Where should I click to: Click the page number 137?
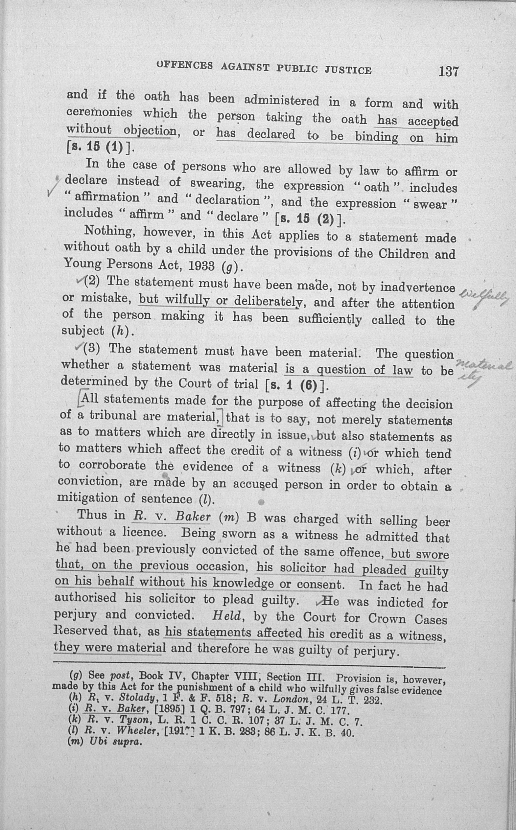coord(448,71)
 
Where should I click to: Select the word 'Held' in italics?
coord(226,615)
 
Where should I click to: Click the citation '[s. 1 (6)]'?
coord(297,385)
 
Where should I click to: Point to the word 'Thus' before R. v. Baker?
coord(92,515)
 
